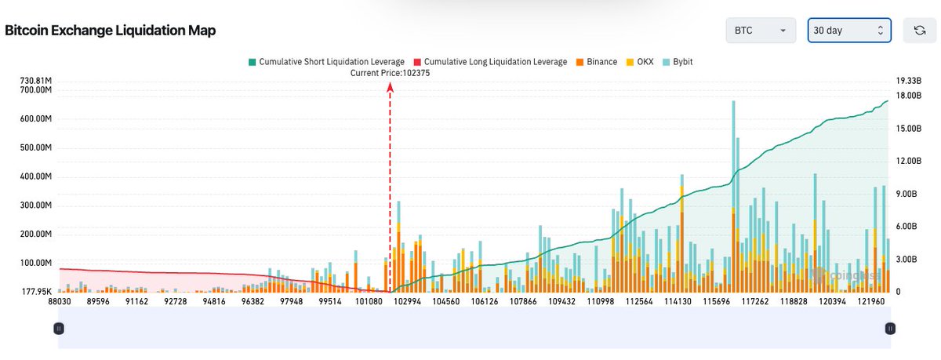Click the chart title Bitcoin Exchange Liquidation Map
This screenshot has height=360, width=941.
pos(111,31)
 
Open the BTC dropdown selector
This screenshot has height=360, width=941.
pos(761,31)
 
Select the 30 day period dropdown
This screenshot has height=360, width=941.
pos(849,31)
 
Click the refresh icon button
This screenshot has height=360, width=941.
pos(920,31)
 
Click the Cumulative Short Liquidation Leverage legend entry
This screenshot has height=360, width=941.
pos(325,61)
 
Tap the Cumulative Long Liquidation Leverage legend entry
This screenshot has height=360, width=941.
pos(489,61)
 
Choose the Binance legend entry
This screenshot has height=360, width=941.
pos(596,61)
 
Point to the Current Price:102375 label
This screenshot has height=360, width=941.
pos(390,73)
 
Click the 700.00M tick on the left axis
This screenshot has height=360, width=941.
pos(33,90)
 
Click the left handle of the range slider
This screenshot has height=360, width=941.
pos(58,328)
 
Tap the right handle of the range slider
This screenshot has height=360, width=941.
pos(890,328)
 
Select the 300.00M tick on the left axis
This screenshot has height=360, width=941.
pos(33,205)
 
